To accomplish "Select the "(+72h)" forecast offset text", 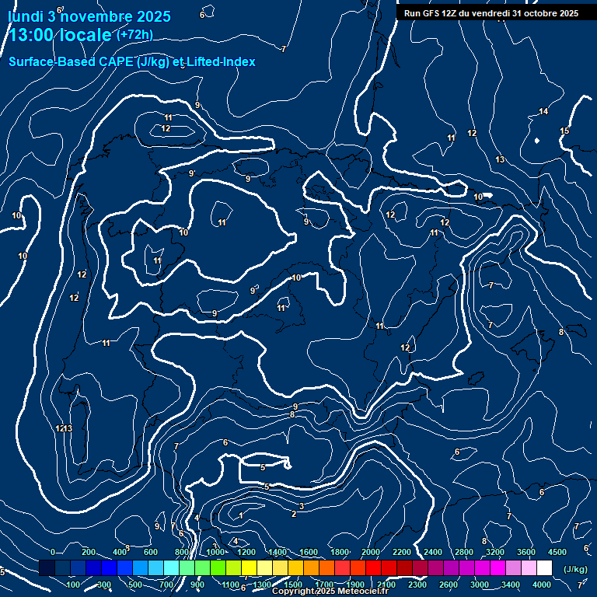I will pyautogui.click(x=134, y=35).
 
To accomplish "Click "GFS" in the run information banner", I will pyautogui.click(x=431, y=13).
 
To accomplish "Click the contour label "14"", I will pyautogui.click(x=543, y=111).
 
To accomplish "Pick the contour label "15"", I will pyautogui.click(x=564, y=131).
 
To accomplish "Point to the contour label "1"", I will pyautogui.click(x=241, y=516).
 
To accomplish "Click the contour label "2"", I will pyautogui.click(x=294, y=514).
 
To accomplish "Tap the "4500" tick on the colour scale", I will pyautogui.click(x=557, y=552).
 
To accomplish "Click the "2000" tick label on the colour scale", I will pyautogui.click(x=371, y=552).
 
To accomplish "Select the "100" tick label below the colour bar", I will pyautogui.click(x=74, y=585).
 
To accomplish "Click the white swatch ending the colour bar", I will pyautogui.click(x=544, y=568).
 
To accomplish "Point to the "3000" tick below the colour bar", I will pyautogui.click(x=480, y=585).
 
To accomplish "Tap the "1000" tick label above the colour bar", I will pyautogui.click(x=215, y=552).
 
